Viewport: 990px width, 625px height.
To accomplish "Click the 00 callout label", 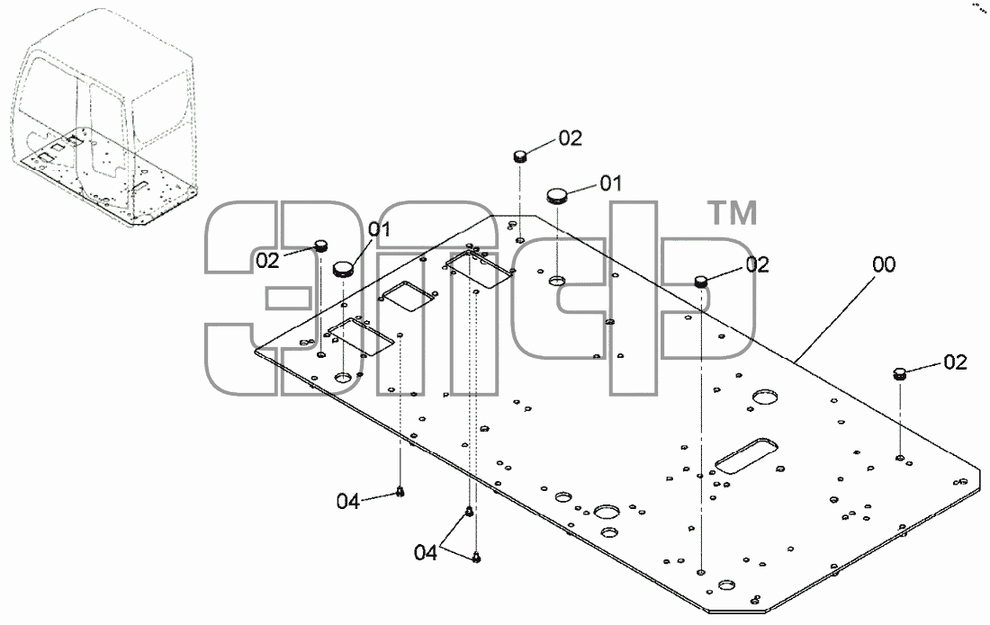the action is [x=884, y=264].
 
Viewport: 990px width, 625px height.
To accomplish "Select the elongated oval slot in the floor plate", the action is [x=746, y=456].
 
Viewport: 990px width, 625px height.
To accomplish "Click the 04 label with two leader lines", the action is [x=426, y=553].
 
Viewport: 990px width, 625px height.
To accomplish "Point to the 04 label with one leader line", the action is [x=348, y=502].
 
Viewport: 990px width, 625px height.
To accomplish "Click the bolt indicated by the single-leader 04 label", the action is [x=400, y=492].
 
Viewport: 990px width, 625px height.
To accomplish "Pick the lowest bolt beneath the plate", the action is [x=477, y=558].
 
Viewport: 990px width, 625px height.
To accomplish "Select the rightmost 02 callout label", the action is [x=955, y=362].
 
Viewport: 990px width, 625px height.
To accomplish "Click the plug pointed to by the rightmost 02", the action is [x=900, y=373].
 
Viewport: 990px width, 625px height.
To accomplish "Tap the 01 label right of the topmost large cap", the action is [x=610, y=183].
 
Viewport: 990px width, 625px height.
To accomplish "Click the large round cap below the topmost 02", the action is [x=557, y=195].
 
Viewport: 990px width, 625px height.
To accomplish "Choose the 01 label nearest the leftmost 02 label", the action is [x=380, y=229].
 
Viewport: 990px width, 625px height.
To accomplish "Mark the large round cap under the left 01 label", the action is [x=344, y=269].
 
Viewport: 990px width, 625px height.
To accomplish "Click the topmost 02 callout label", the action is [x=570, y=138].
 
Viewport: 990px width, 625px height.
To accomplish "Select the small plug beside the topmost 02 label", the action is [x=520, y=156].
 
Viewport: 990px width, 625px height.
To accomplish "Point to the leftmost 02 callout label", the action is [x=267, y=260].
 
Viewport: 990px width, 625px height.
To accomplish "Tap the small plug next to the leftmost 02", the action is [x=322, y=246].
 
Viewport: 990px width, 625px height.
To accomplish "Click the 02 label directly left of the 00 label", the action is [x=758, y=265].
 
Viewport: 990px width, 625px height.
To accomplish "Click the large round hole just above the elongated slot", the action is [x=765, y=397].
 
